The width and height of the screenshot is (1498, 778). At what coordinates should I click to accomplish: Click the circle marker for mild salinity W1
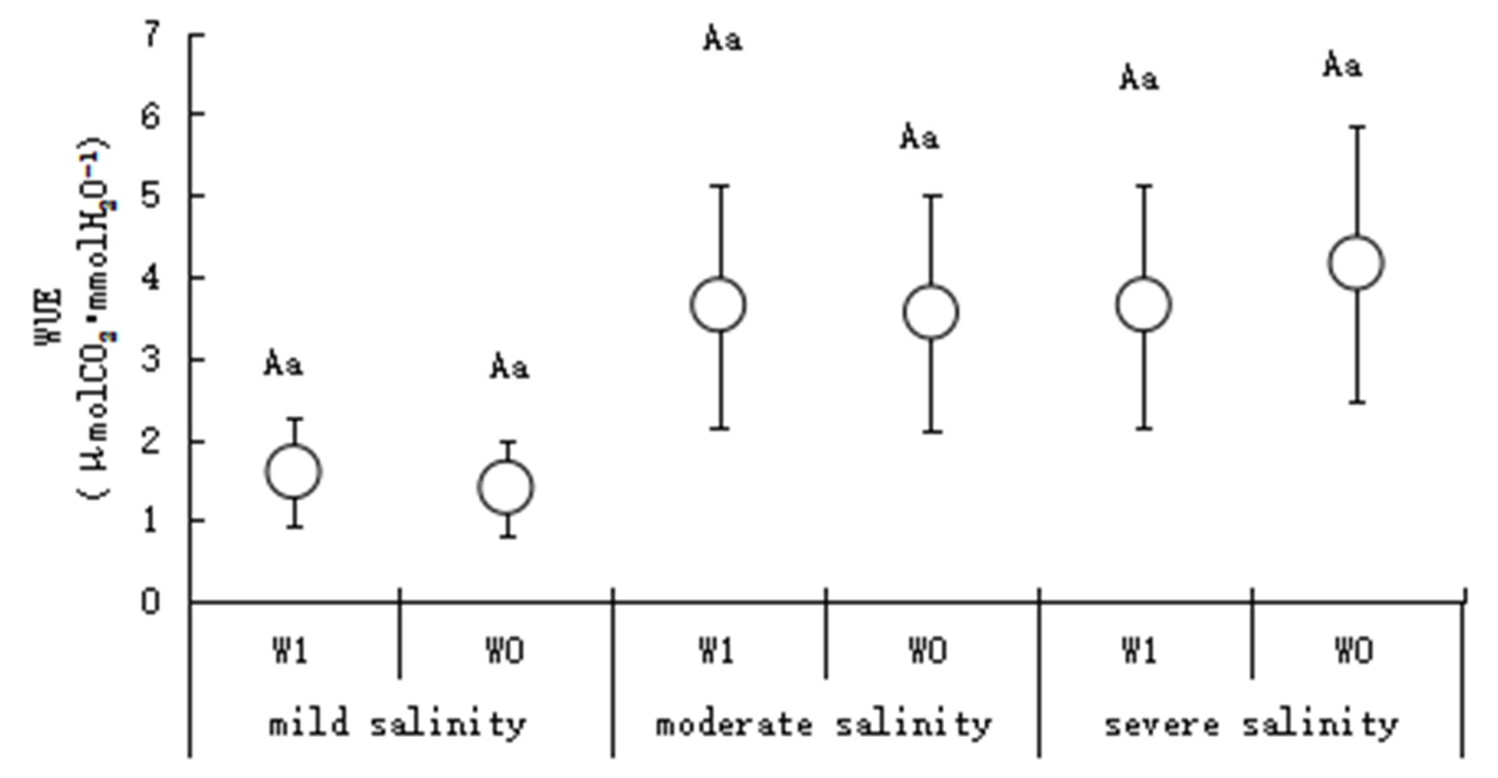(294, 472)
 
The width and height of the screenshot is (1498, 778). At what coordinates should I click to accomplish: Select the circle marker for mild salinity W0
(506, 487)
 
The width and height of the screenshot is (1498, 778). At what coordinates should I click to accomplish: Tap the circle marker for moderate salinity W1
(719, 305)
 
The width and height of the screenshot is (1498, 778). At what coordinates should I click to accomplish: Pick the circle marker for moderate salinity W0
(931, 312)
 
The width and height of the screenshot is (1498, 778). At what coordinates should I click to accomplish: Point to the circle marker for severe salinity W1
(1143, 305)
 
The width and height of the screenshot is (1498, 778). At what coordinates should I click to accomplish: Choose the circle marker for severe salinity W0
(1356, 263)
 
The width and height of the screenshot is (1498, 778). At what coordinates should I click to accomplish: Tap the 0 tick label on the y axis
(151, 601)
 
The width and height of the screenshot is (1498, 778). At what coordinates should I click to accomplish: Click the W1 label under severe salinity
(1140, 651)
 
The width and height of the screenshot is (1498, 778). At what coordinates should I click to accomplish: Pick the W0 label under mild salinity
(505, 651)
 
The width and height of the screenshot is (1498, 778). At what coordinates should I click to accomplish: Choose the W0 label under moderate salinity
(929, 651)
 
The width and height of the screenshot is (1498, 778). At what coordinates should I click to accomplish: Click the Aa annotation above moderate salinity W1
(723, 40)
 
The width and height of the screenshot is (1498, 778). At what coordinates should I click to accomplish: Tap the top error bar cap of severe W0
(1357, 126)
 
